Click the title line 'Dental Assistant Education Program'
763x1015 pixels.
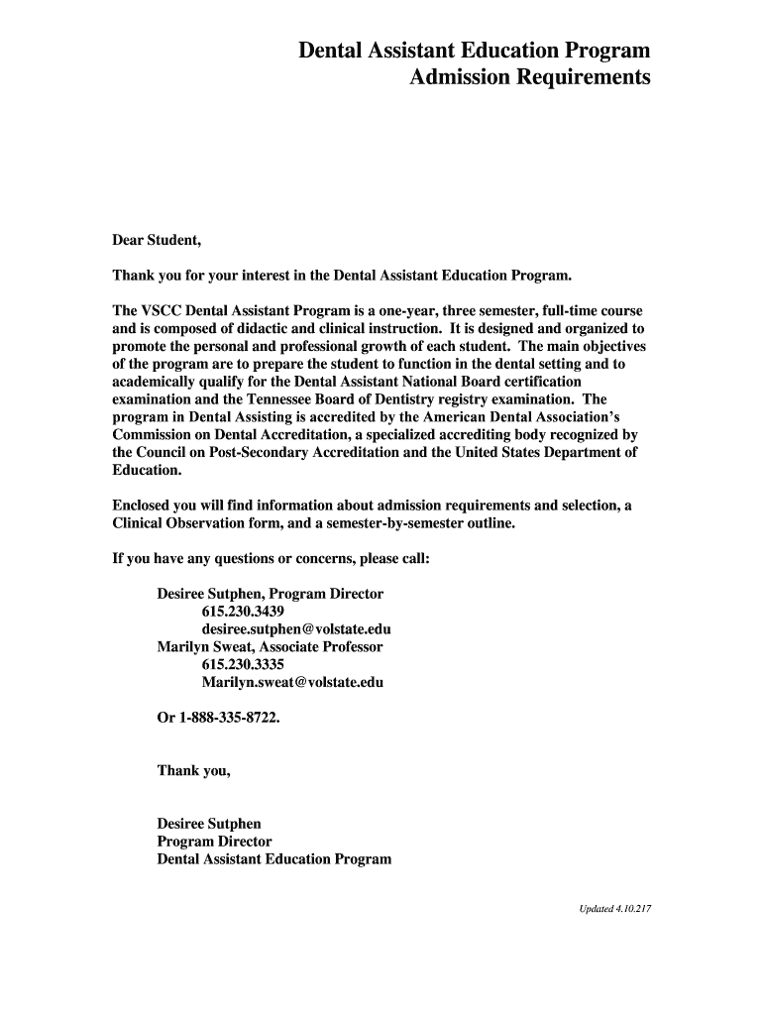click(475, 51)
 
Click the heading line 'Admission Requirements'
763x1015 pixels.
click(530, 77)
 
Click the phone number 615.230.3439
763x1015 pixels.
click(243, 612)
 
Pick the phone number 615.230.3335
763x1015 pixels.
click(243, 665)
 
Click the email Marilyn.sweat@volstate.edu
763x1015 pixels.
click(292, 683)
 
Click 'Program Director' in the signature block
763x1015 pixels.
click(214, 842)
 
